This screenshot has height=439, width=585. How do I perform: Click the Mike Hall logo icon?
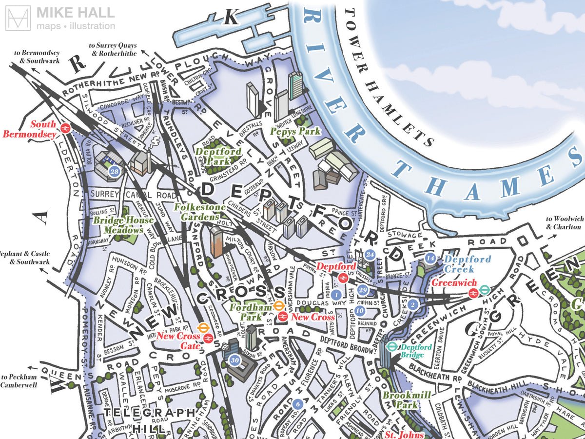[x=18, y=19]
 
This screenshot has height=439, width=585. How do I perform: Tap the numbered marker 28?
[x=115, y=172]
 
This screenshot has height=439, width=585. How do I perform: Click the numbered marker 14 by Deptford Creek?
[x=429, y=258]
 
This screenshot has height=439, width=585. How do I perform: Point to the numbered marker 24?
[x=370, y=255]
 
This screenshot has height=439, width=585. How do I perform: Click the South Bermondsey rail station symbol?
[x=65, y=128]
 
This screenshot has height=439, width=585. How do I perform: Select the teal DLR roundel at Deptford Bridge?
[x=391, y=346]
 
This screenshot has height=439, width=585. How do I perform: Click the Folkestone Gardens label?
[x=200, y=212]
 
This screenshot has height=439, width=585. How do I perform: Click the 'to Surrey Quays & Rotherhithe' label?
[x=113, y=49]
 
